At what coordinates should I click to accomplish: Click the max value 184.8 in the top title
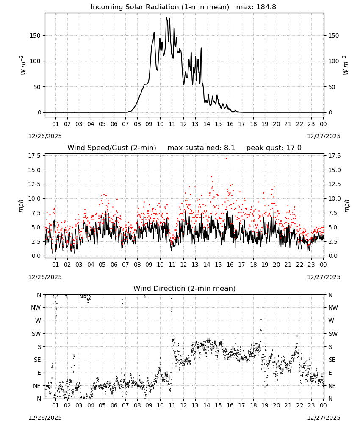click(x=266, y=7)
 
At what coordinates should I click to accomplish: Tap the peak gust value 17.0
click(x=294, y=148)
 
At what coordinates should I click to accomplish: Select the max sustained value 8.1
click(x=230, y=148)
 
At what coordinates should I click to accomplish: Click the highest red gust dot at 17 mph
click(x=226, y=158)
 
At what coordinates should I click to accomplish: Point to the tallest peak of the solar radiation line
click(x=166, y=17)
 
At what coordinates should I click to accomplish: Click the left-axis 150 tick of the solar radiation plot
click(x=35, y=36)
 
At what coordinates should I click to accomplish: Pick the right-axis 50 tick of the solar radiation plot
click(x=332, y=87)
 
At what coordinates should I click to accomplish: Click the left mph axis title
click(x=21, y=206)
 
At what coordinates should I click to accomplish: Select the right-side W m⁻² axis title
click(x=346, y=65)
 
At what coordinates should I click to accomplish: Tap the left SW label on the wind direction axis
click(x=36, y=334)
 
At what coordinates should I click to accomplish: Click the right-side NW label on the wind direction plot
click(x=333, y=307)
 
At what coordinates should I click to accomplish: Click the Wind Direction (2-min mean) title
click(x=185, y=288)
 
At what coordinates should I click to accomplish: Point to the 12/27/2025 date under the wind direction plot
click(x=324, y=418)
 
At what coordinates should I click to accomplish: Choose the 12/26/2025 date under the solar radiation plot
click(x=45, y=136)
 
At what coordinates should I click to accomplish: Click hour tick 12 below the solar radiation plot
click(x=183, y=124)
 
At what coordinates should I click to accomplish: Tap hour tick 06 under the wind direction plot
click(x=114, y=405)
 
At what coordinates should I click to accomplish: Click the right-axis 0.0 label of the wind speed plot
click(x=333, y=256)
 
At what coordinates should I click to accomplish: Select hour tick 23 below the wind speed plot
click(x=311, y=265)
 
